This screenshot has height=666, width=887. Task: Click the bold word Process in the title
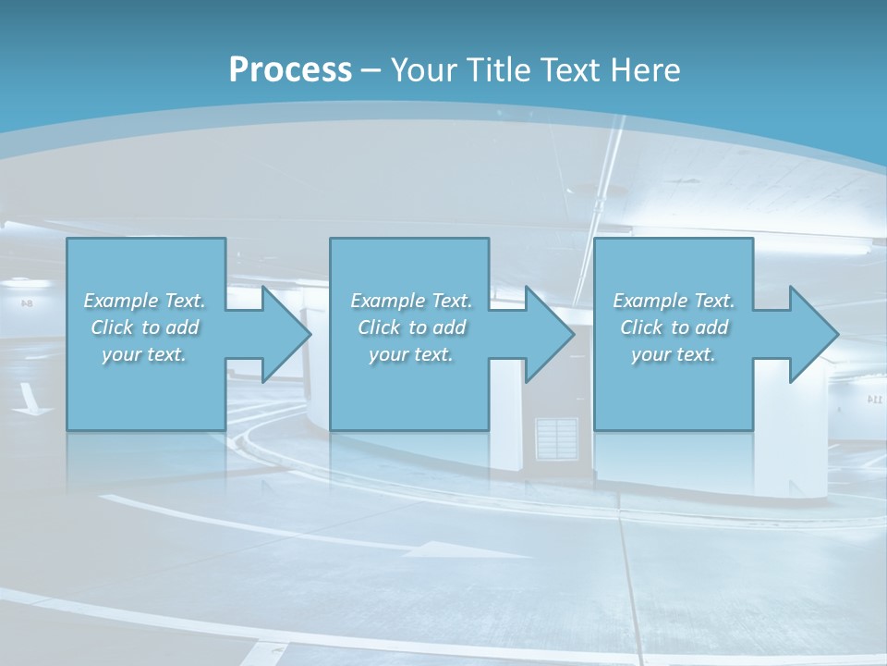[x=290, y=69]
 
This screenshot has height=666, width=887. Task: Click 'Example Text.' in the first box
[x=145, y=301]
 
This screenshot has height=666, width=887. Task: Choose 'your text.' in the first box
[x=145, y=354]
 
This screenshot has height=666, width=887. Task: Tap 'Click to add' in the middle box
[x=411, y=327]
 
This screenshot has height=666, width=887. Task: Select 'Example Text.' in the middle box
[x=411, y=301]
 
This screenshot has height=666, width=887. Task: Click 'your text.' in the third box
[x=674, y=354]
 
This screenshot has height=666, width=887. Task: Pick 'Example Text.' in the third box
[x=674, y=301]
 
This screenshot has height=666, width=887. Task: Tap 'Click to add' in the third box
[x=674, y=327]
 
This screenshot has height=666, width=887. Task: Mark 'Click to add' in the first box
[x=145, y=327]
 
